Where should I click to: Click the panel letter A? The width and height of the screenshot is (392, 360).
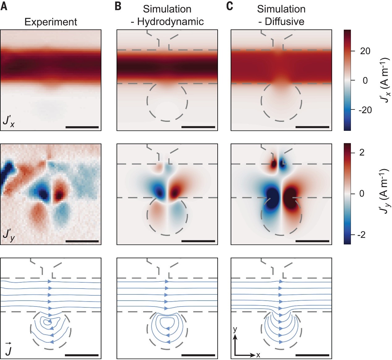pyautogui.click(x=4, y=6)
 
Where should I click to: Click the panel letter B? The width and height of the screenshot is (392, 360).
pyautogui.click(x=118, y=6)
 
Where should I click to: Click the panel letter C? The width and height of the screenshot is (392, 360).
pyautogui.click(x=229, y=6)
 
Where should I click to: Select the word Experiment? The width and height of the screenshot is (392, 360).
pyautogui.click(x=51, y=22)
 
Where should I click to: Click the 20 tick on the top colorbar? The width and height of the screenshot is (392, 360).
pyautogui.click(x=365, y=51)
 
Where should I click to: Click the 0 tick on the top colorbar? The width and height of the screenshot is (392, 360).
pyautogui.click(x=365, y=81)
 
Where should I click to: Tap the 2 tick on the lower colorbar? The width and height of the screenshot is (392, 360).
pyautogui.click(x=362, y=152)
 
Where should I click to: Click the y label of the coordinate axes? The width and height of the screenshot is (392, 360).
pyautogui.click(x=235, y=329)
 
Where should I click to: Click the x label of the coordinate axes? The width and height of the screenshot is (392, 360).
pyautogui.click(x=258, y=355)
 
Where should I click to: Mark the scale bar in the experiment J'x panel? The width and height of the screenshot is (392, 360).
pyautogui.click(x=82, y=127)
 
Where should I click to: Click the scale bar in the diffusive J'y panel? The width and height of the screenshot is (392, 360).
pyautogui.click(x=312, y=241)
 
